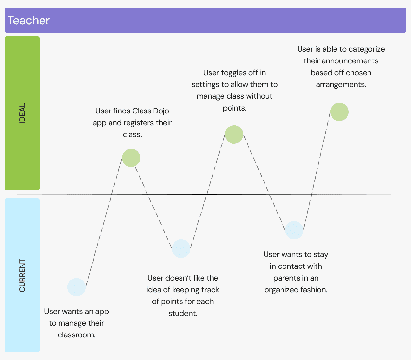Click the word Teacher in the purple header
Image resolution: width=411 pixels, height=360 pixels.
(x=28, y=20)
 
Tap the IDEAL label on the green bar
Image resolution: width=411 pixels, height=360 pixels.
(x=22, y=113)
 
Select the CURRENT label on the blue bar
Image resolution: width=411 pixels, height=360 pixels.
(x=22, y=275)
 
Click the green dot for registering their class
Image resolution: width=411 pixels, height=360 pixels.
(x=131, y=158)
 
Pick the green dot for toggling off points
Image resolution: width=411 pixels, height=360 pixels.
(x=234, y=134)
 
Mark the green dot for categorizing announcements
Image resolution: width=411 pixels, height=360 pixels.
(x=339, y=112)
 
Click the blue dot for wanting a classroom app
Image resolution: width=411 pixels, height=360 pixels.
(x=77, y=287)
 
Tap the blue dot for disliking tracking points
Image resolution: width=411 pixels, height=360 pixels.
(x=181, y=249)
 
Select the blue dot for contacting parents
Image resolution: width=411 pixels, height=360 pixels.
(x=294, y=230)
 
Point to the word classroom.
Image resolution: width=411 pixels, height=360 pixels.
(x=76, y=335)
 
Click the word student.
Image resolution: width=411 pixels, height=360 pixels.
(x=182, y=313)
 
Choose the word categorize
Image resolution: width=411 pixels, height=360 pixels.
(x=367, y=49)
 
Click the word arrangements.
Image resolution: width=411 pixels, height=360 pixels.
(x=341, y=84)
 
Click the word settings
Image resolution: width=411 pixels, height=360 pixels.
(x=205, y=84)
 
